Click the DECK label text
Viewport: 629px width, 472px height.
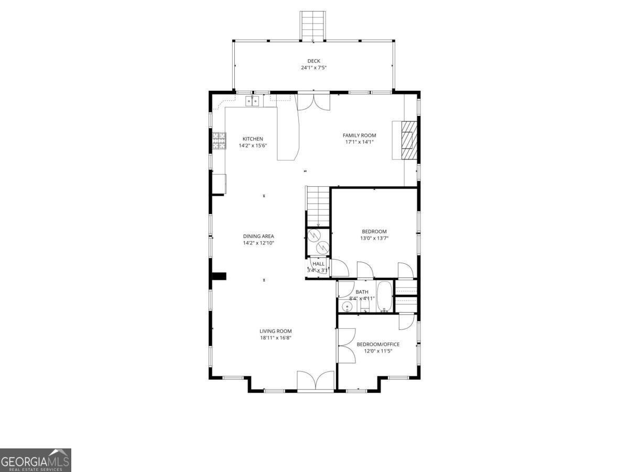pos(313,61)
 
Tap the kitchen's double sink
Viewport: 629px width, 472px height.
pos(253,100)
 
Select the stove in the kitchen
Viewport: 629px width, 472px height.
pos(219,140)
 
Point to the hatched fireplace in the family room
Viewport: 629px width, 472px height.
pos(407,140)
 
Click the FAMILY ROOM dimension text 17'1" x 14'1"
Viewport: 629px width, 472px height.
pos(359,142)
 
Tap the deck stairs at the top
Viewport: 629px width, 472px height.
pos(312,25)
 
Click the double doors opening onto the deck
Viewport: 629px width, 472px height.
pos(313,101)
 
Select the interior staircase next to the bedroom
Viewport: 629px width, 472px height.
pos(318,206)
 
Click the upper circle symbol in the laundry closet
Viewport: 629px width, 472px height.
pos(314,235)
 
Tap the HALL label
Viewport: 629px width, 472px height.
pos(318,264)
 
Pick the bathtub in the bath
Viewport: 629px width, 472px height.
pos(384,297)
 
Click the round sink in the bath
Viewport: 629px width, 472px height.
pos(346,306)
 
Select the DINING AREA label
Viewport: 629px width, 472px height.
pos(258,236)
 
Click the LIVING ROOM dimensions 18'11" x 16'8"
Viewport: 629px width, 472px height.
pos(275,338)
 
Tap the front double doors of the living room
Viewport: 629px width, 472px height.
pos(316,381)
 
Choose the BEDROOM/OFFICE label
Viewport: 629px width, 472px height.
pos(378,344)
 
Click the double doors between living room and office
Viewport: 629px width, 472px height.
pos(346,345)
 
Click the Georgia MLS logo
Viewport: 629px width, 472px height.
pos(35,460)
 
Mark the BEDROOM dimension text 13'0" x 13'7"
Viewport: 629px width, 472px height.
pos(374,238)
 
